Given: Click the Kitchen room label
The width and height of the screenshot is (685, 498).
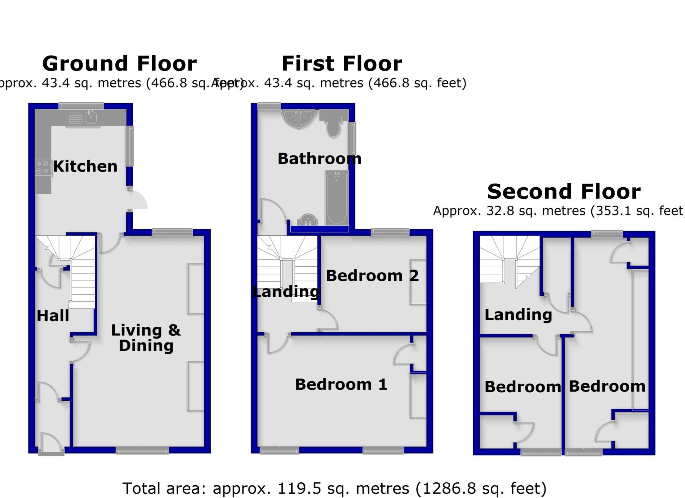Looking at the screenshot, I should [x=85, y=166].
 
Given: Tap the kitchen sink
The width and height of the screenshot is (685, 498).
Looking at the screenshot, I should [x=91, y=117].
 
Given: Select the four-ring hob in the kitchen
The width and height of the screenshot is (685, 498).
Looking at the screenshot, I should [x=43, y=167].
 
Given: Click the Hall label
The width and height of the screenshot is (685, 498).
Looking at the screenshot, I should [x=53, y=316].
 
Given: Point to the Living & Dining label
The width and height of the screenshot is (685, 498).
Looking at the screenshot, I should [x=146, y=338].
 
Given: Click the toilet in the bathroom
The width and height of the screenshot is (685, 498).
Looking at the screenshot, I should [x=333, y=126].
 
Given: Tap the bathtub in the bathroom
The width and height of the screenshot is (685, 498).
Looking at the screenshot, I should [x=337, y=197].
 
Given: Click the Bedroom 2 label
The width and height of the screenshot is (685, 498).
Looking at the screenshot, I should [x=372, y=276].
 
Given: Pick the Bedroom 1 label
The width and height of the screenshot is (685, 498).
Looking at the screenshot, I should [x=341, y=385].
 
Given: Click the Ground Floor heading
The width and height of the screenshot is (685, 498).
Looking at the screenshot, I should [x=119, y=64].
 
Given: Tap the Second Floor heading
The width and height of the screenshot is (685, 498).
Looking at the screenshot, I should [x=564, y=192].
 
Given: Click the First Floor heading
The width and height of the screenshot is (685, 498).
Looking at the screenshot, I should [x=342, y=64].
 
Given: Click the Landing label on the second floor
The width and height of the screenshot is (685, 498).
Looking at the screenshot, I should [x=518, y=315].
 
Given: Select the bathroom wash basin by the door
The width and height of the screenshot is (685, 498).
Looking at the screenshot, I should [x=308, y=220].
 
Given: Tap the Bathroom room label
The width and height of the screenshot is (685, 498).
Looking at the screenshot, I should [x=319, y=159].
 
